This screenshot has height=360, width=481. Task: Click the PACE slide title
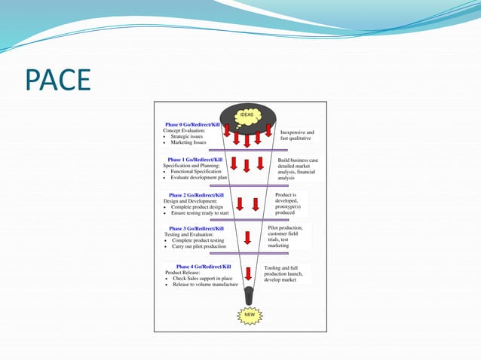[x=58, y=80]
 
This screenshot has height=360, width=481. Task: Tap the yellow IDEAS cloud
[x=247, y=115]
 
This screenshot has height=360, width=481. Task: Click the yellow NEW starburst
[x=248, y=314]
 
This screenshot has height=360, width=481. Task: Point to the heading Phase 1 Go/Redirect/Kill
[x=195, y=160]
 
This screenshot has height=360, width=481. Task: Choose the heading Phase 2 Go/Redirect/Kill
[x=195, y=195]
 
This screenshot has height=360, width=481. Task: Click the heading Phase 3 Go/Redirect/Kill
[x=195, y=228]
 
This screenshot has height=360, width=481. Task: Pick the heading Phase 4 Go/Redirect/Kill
[x=204, y=267]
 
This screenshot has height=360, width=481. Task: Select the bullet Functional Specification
[x=196, y=172]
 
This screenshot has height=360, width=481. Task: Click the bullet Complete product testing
[x=198, y=240]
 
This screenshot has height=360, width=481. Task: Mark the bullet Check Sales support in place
[x=204, y=279]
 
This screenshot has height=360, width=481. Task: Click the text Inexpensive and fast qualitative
[x=297, y=136]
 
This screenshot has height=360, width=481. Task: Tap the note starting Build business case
[x=296, y=169]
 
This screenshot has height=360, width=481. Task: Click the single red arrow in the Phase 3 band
[x=247, y=238]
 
